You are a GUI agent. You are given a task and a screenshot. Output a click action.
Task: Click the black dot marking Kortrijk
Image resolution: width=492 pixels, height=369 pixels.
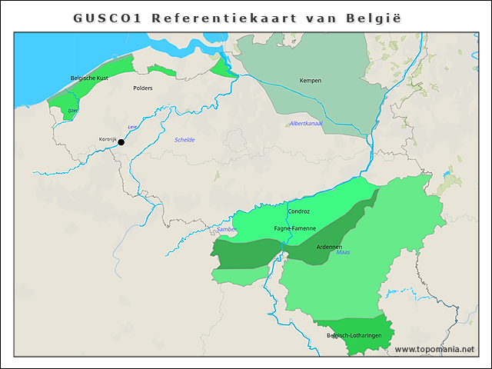click(x=121, y=141)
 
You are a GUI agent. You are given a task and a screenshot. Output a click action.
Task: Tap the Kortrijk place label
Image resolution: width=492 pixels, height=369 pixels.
click(x=107, y=139)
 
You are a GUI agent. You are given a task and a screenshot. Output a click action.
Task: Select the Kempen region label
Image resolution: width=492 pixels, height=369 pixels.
click(x=311, y=80)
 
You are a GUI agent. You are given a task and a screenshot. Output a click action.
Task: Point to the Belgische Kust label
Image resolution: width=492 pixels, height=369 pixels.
click(x=89, y=78)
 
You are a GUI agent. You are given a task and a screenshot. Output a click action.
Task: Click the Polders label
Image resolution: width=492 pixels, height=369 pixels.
click(x=143, y=88)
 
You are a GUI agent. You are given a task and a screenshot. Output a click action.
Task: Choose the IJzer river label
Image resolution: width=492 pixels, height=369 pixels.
click(x=73, y=111)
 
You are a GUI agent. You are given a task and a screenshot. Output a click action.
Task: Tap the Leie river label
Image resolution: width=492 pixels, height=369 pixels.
click(x=131, y=127)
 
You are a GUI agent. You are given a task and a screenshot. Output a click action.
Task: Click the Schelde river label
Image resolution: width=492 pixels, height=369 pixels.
click(x=184, y=139)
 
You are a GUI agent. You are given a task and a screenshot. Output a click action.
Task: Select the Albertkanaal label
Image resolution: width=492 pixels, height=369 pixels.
click(x=306, y=124)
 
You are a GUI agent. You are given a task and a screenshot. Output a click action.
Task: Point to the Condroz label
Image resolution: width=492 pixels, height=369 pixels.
click(x=298, y=211)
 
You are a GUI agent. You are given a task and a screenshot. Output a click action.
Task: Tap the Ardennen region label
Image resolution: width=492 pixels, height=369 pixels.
click(x=329, y=247)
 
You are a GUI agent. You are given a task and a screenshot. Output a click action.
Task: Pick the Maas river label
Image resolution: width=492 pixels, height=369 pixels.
click(x=343, y=252)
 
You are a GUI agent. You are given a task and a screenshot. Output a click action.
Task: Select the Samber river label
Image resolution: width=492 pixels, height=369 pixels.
click(x=227, y=229)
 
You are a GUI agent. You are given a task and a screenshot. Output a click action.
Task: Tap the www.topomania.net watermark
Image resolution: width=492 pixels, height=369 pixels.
click(x=434, y=350)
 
